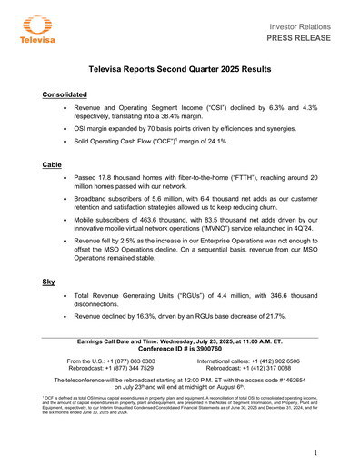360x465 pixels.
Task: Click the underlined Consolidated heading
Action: pos(65,94)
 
